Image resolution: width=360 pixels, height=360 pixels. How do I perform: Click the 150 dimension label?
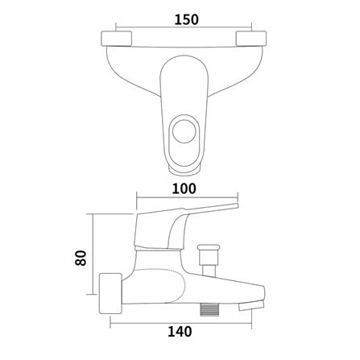[187, 19]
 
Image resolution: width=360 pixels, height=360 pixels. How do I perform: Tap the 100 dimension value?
[184, 188]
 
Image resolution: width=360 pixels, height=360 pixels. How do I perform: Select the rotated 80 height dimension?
[81, 258]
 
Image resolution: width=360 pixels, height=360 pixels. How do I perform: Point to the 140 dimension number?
[180, 332]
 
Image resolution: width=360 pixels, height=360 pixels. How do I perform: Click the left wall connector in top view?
[117, 39]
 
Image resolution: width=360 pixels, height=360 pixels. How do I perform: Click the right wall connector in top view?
[251, 39]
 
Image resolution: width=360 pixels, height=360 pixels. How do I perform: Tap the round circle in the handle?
[184, 132]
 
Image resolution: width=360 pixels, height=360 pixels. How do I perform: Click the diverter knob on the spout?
[208, 254]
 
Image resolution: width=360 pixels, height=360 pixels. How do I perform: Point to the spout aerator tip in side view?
[251, 305]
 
